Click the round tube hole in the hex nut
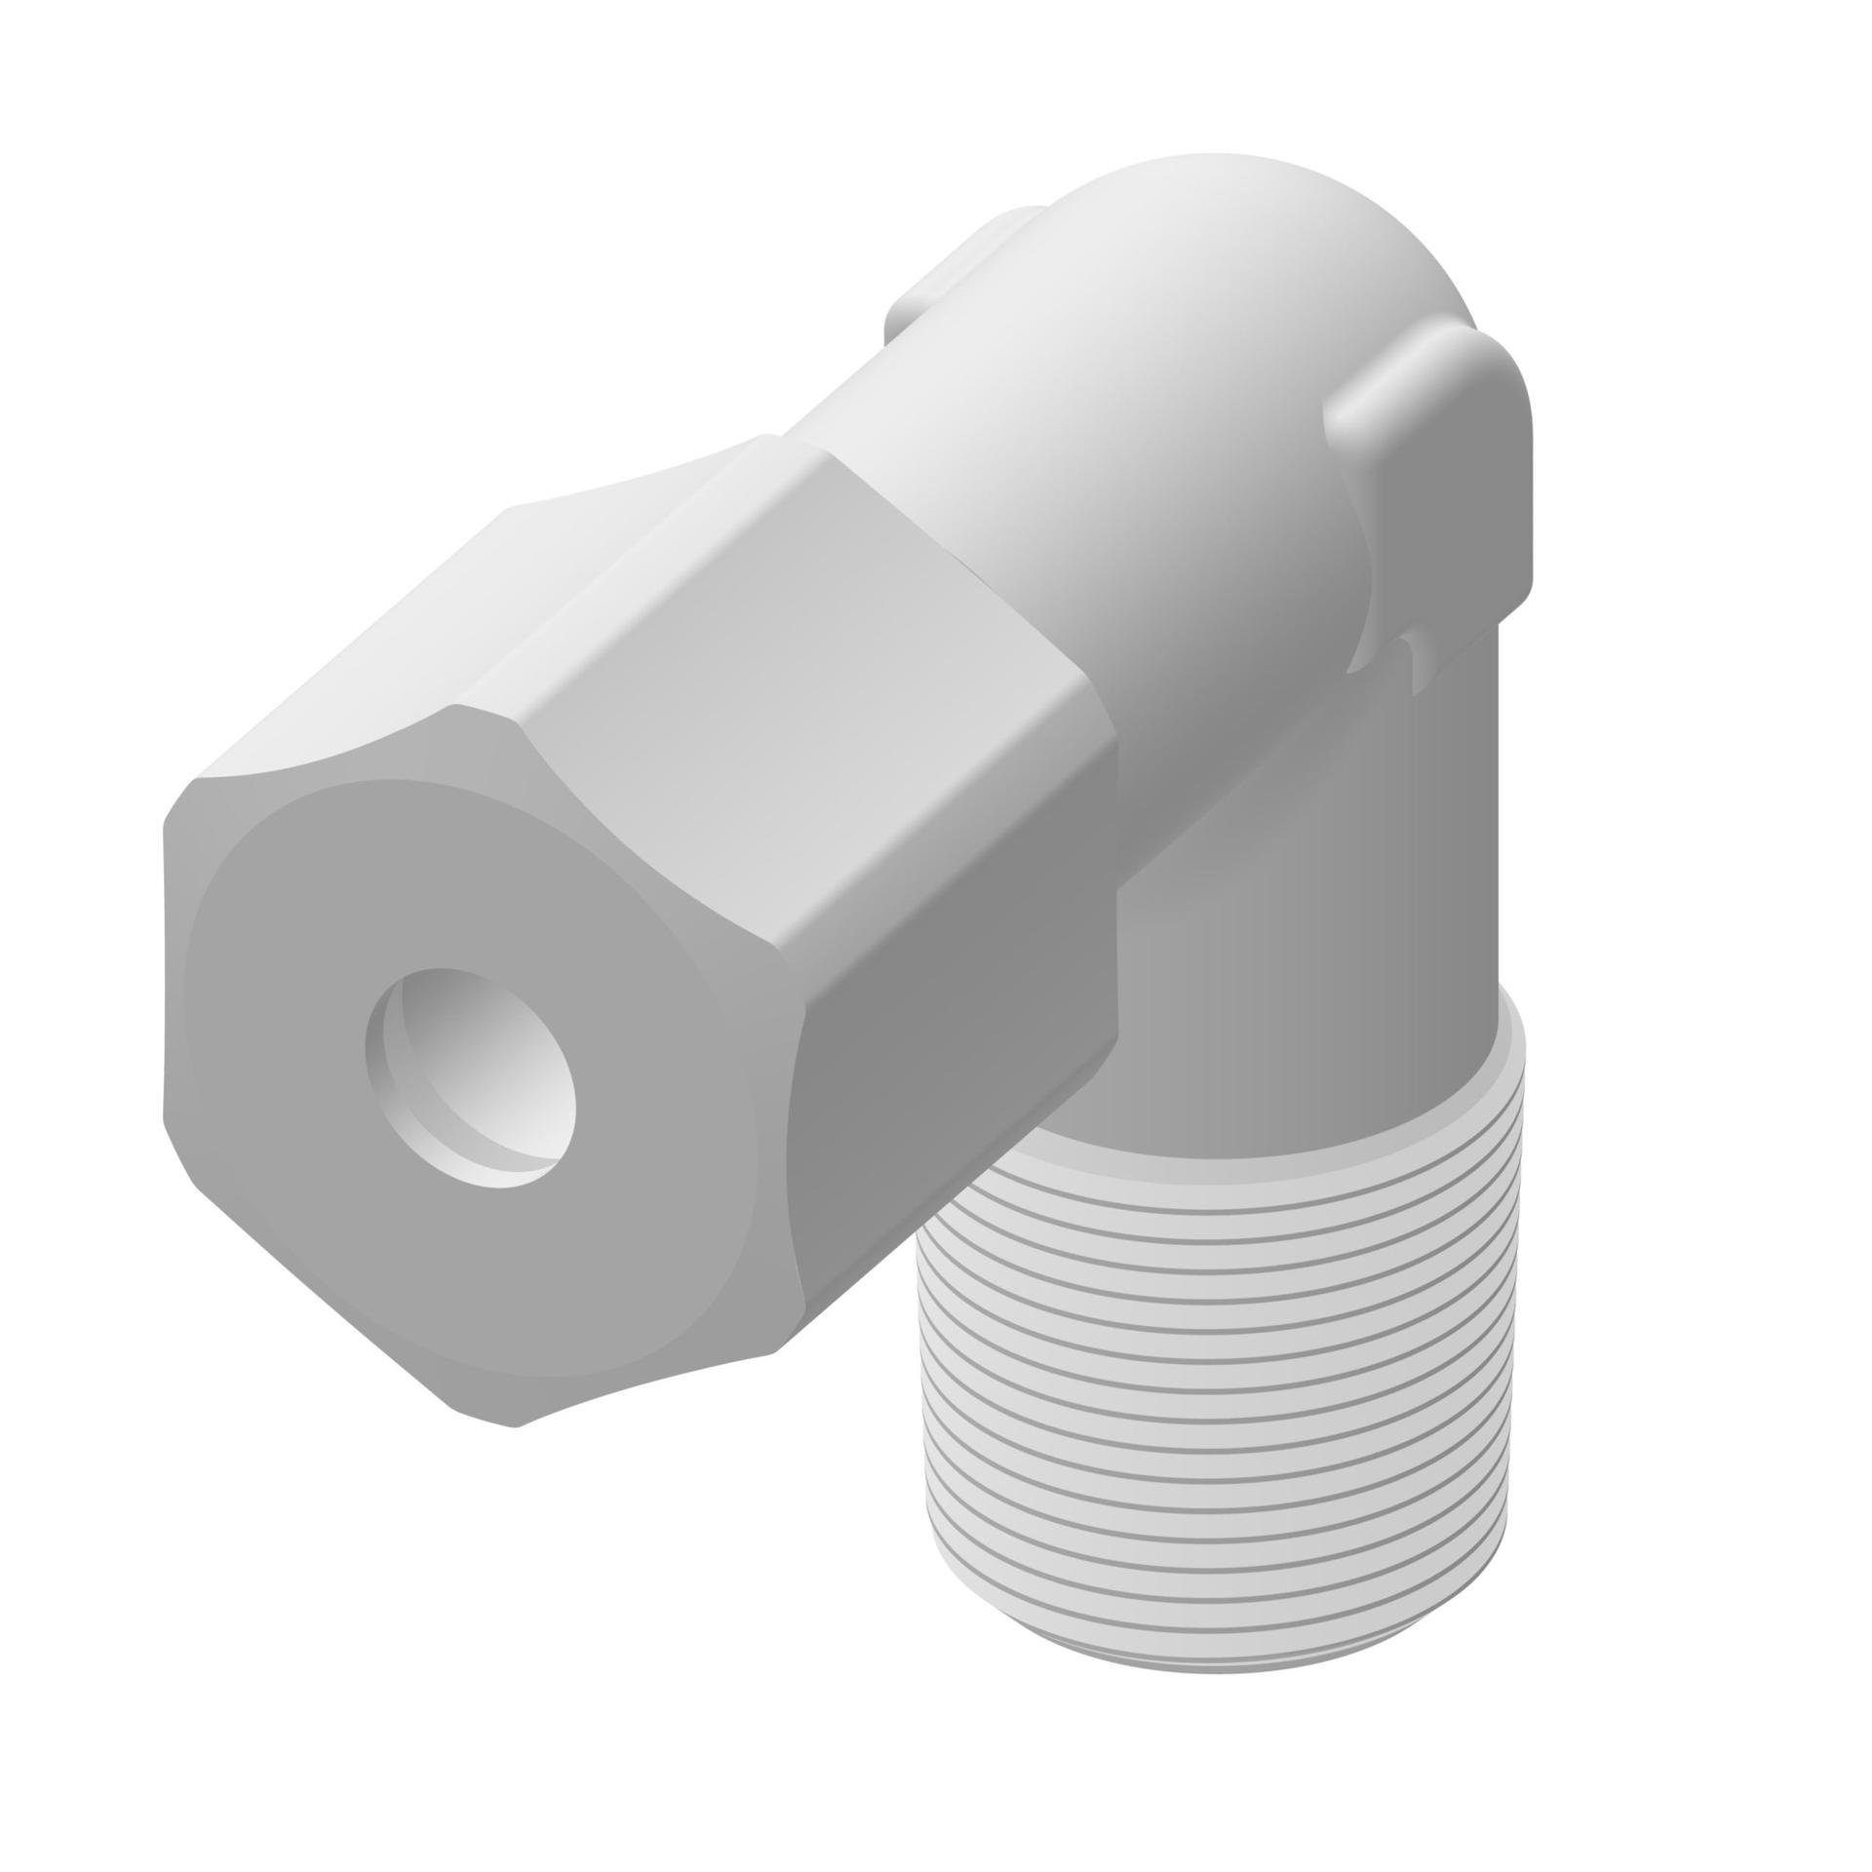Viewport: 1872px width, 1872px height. coord(471,1077)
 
